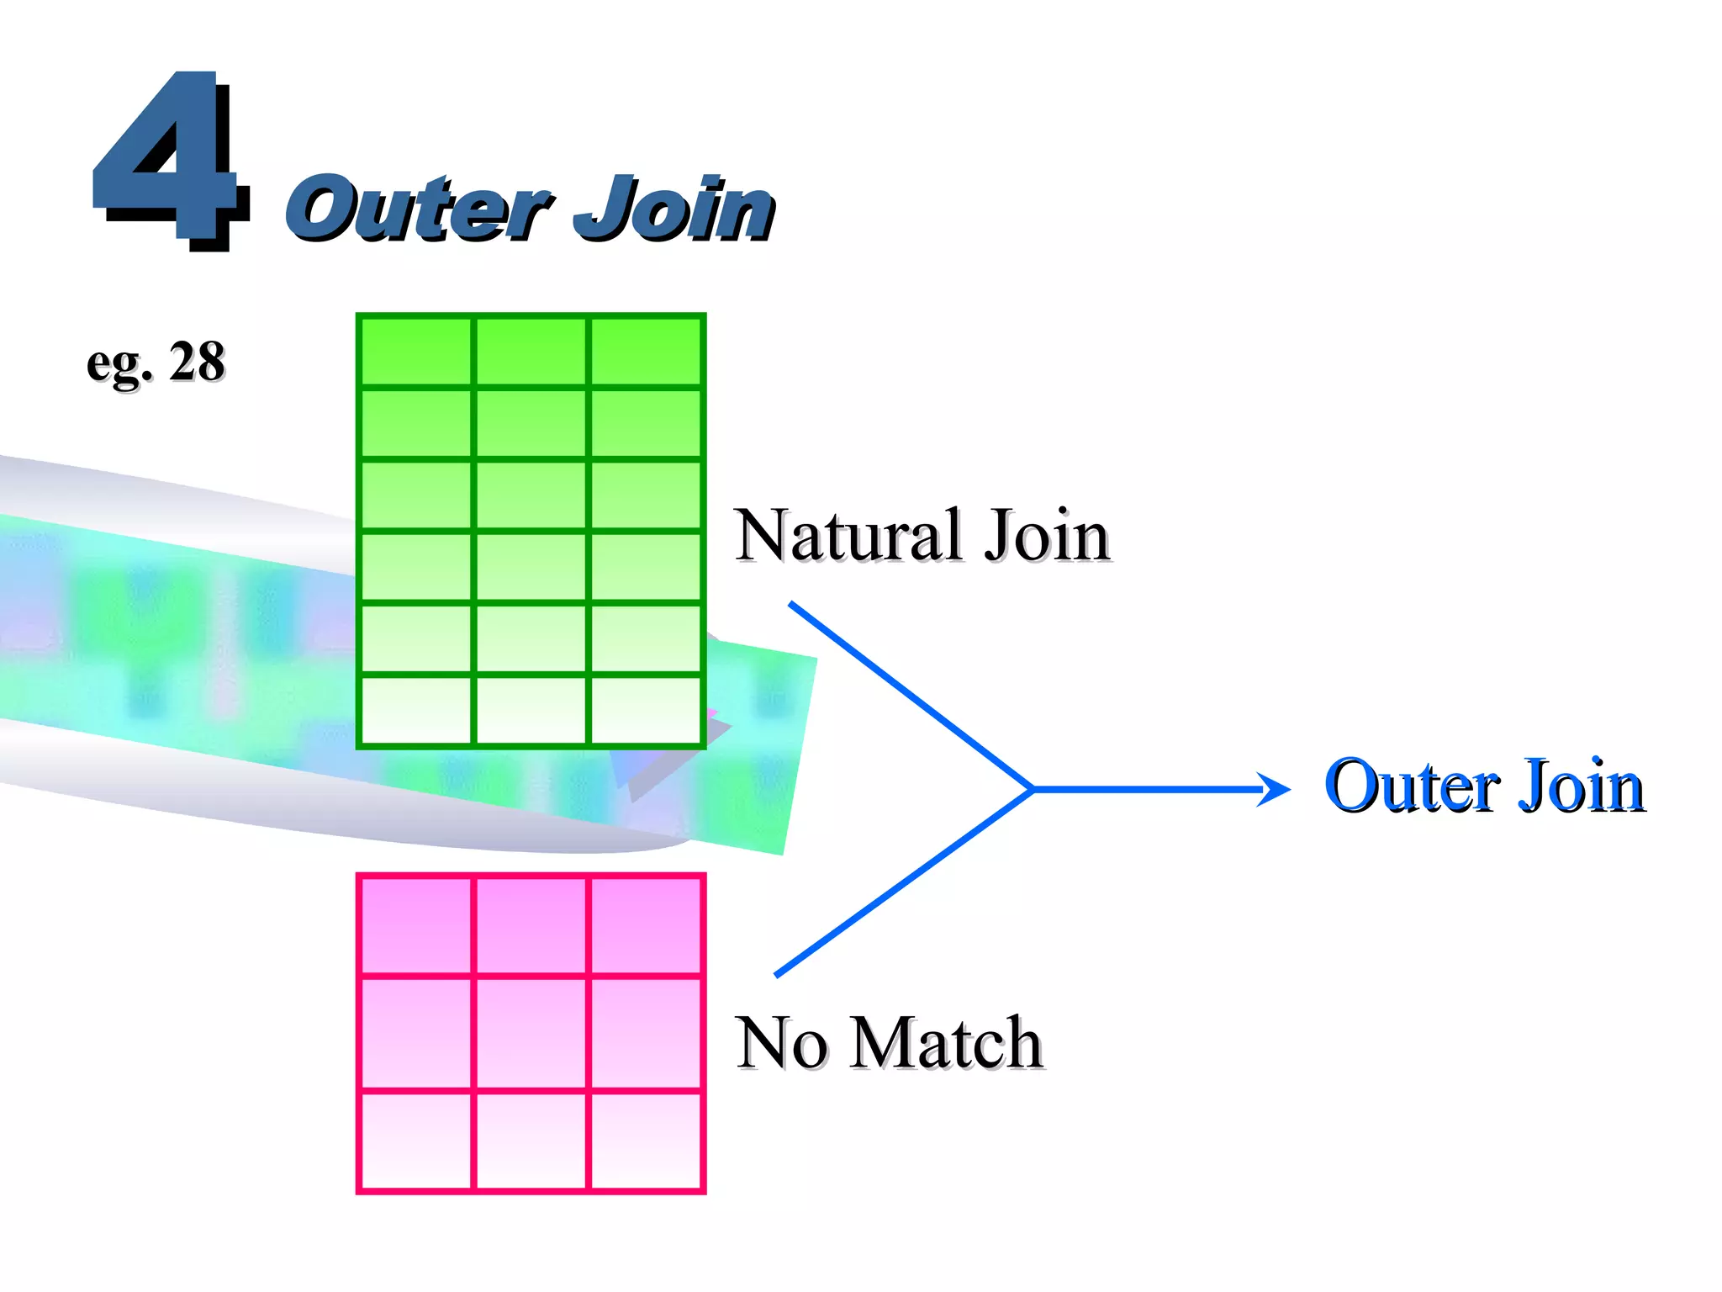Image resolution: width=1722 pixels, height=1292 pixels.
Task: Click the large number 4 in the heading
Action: click(x=168, y=160)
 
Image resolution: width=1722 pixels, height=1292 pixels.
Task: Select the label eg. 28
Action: click(x=156, y=363)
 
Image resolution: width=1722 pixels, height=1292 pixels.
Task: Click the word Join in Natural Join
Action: click(x=1047, y=536)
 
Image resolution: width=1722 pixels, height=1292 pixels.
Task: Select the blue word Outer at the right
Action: click(x=1412, y=786)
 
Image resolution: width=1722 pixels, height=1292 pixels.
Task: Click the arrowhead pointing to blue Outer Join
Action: click(x=1276, y=789)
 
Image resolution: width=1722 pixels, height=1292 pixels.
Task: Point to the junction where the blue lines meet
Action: click(x=1033, y=789)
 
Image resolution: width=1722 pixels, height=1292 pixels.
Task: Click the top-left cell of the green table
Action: click(x=416, y=352)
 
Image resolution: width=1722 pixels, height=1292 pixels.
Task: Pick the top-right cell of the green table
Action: click(x=646, y=352)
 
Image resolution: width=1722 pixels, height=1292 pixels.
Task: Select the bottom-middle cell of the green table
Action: click(x=531, y=710)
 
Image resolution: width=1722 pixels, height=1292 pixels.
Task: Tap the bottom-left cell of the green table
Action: click(x=416, y=710)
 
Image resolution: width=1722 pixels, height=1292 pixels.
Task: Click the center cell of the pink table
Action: click(x=531, y=1032)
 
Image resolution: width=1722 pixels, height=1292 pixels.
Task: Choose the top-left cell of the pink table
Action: click(x=416, y=925)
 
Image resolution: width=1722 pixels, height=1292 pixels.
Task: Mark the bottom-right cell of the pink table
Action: click(x=646, y=1140)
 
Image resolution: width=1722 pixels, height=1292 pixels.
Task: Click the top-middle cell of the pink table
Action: click(x=531, y=925)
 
